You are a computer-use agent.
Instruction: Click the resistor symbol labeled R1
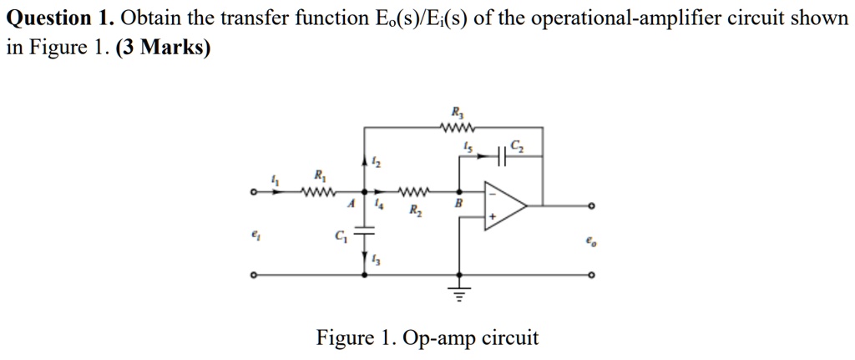[320, 195]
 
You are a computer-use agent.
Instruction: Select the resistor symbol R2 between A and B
[415, 195]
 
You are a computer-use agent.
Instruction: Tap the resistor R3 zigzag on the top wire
[458, 128]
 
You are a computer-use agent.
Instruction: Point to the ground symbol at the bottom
[458, 292]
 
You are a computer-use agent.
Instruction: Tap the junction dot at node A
[363, 195]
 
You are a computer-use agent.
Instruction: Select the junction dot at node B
[458, 195]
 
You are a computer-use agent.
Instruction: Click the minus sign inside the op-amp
[492, 194]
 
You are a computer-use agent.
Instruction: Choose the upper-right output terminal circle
[592, 205]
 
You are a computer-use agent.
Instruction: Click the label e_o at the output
[591, 242]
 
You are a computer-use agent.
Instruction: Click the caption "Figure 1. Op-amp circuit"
[427, 338]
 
